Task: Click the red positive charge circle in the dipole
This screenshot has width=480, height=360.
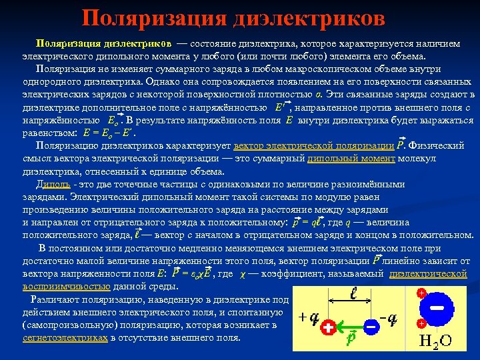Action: [x=328, y=329]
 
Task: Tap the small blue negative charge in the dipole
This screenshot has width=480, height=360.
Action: [x=371, y=329]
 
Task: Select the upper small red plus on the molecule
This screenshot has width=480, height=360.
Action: [x=421, y=293]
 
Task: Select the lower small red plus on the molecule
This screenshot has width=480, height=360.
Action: [x=421, y=323]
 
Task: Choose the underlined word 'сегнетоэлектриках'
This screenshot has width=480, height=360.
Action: [x=65, y=338]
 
